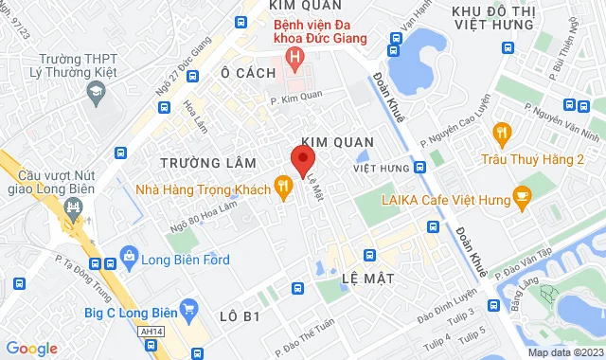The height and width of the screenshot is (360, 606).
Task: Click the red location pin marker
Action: click(x=302, y=160)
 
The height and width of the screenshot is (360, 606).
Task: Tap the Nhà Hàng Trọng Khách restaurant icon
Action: click(x=281, y=187)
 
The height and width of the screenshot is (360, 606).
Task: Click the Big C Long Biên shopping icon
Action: click(x=190, y=307)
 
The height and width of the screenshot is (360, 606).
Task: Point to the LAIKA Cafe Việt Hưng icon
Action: click(x=521, y=199)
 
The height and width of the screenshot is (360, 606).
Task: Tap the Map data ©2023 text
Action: click(x=563, y=352)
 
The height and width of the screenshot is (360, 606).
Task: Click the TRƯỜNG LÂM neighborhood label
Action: click(x=195, y=162)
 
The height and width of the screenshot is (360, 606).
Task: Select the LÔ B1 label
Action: click(x=239, y=315)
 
